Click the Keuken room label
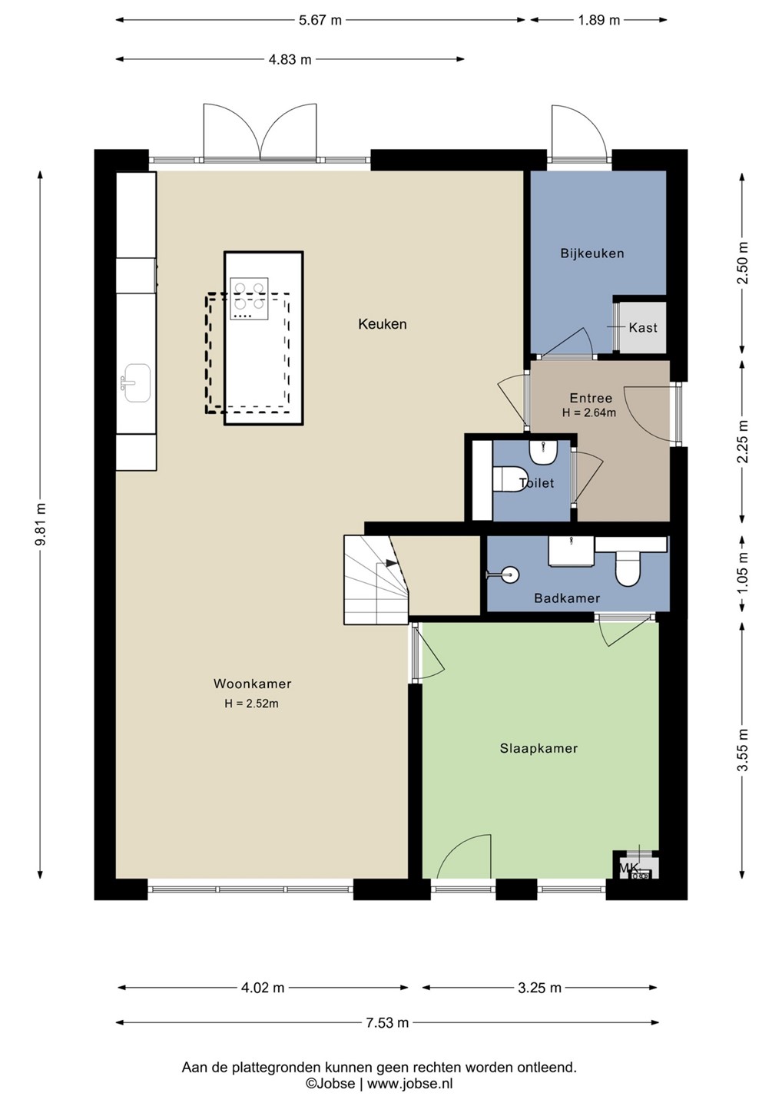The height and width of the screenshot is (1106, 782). pyautogui.click(x=382, y=324)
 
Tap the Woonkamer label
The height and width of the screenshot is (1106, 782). pyautogui.click(x=252, y=684)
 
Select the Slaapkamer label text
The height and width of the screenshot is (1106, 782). pyautogui.click(x=538, y=748)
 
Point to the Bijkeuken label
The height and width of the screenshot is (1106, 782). pyautogui.click(x=592, y=253)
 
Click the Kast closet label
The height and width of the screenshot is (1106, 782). pyautogui.click(x=643, y=327)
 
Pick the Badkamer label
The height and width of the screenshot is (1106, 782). pyautogui.click(x=567, y=598)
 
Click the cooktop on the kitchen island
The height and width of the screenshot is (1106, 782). pyautogui.click(x=249, y=298)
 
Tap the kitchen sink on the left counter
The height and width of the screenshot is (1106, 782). pyautogui.click(x=136, y=382)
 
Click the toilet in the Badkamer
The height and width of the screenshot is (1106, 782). pyautogui.click(x=628, y=569)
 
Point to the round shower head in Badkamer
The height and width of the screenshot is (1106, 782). pyautogui.click(x=509, y=575)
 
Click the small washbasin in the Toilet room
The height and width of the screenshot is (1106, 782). pyautogui.click(x=543, y=452)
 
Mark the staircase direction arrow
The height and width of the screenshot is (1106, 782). pyautogui.click(x=392, y=562)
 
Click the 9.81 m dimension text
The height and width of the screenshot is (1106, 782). pyautogui.click(x=42, y=525)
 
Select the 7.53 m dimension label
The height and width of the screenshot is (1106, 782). pyautogui.click(x=387, y=1022)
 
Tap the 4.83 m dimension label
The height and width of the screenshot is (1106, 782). pyautogui.click(x=290, y=60)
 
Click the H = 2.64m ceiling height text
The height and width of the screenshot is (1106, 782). pyautogui.click(x=589, y=412)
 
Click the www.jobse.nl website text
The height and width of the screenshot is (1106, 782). pyautogui.click(x=409, y=1083)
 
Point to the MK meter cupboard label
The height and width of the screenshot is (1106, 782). pyautogui.click(x=629, y=868)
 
